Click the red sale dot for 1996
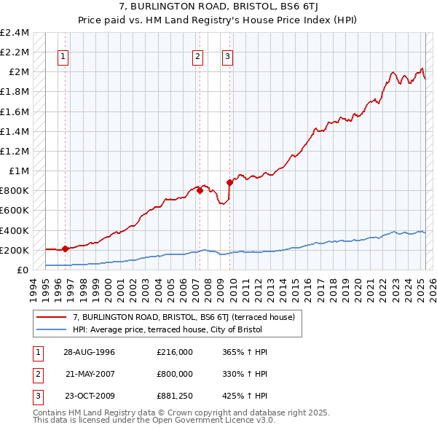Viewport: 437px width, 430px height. coord(65,249)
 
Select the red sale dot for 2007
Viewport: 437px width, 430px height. coord(200,190)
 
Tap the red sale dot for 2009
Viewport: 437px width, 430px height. coord(229,182)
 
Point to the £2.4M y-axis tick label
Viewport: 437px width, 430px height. coord(15,33)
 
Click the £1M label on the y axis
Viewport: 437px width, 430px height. coord(18,171)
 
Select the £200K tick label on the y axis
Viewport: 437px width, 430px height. coord(15,250)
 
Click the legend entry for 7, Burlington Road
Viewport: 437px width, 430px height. coord(183,317)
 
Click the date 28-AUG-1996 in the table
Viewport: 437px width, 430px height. coord(90,351)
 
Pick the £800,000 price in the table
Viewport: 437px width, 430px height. coord(174,374)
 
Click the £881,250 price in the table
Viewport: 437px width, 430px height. coord(174,396)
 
